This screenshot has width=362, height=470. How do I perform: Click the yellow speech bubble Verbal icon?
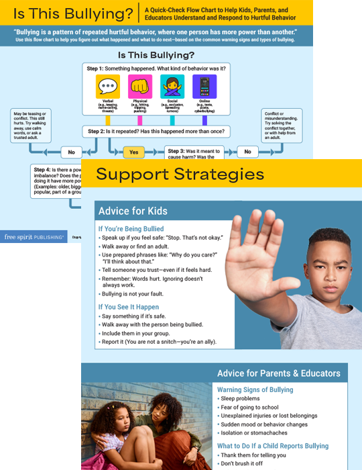[108, 87]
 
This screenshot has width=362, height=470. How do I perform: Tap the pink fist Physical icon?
[140, 87]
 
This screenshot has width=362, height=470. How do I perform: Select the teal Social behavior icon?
[172, 87]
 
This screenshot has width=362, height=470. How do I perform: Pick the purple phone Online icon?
[204, 87]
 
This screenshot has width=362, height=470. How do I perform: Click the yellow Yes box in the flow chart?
[133, 152]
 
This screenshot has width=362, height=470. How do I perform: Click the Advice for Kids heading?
[133, 211]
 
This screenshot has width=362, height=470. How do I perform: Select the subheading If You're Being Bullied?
[131, 229]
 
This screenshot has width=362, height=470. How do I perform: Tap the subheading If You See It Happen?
[128, 307]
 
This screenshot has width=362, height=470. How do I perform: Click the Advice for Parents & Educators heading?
[278, 373]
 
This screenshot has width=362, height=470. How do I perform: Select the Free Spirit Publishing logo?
[33, 237]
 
